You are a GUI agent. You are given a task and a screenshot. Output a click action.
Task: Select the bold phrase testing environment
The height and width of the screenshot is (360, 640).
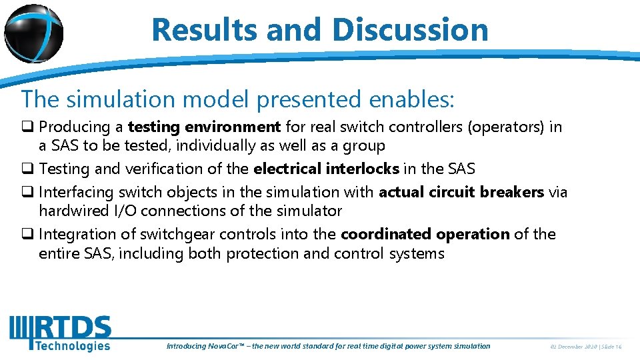pos(204,127)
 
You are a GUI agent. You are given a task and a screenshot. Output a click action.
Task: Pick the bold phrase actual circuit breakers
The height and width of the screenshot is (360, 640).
pos(461,192)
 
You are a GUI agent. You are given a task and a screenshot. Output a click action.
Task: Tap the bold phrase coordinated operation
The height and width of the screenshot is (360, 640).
pos(425,234)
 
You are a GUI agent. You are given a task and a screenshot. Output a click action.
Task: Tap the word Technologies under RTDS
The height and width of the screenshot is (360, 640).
pos(72,345)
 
